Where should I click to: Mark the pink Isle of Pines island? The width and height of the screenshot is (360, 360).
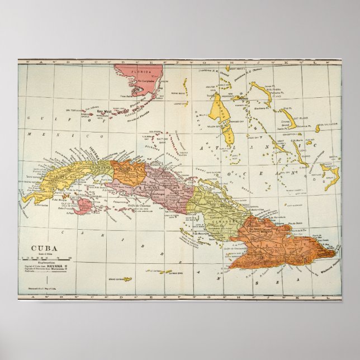84,206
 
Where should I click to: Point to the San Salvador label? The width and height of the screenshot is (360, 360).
326,124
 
